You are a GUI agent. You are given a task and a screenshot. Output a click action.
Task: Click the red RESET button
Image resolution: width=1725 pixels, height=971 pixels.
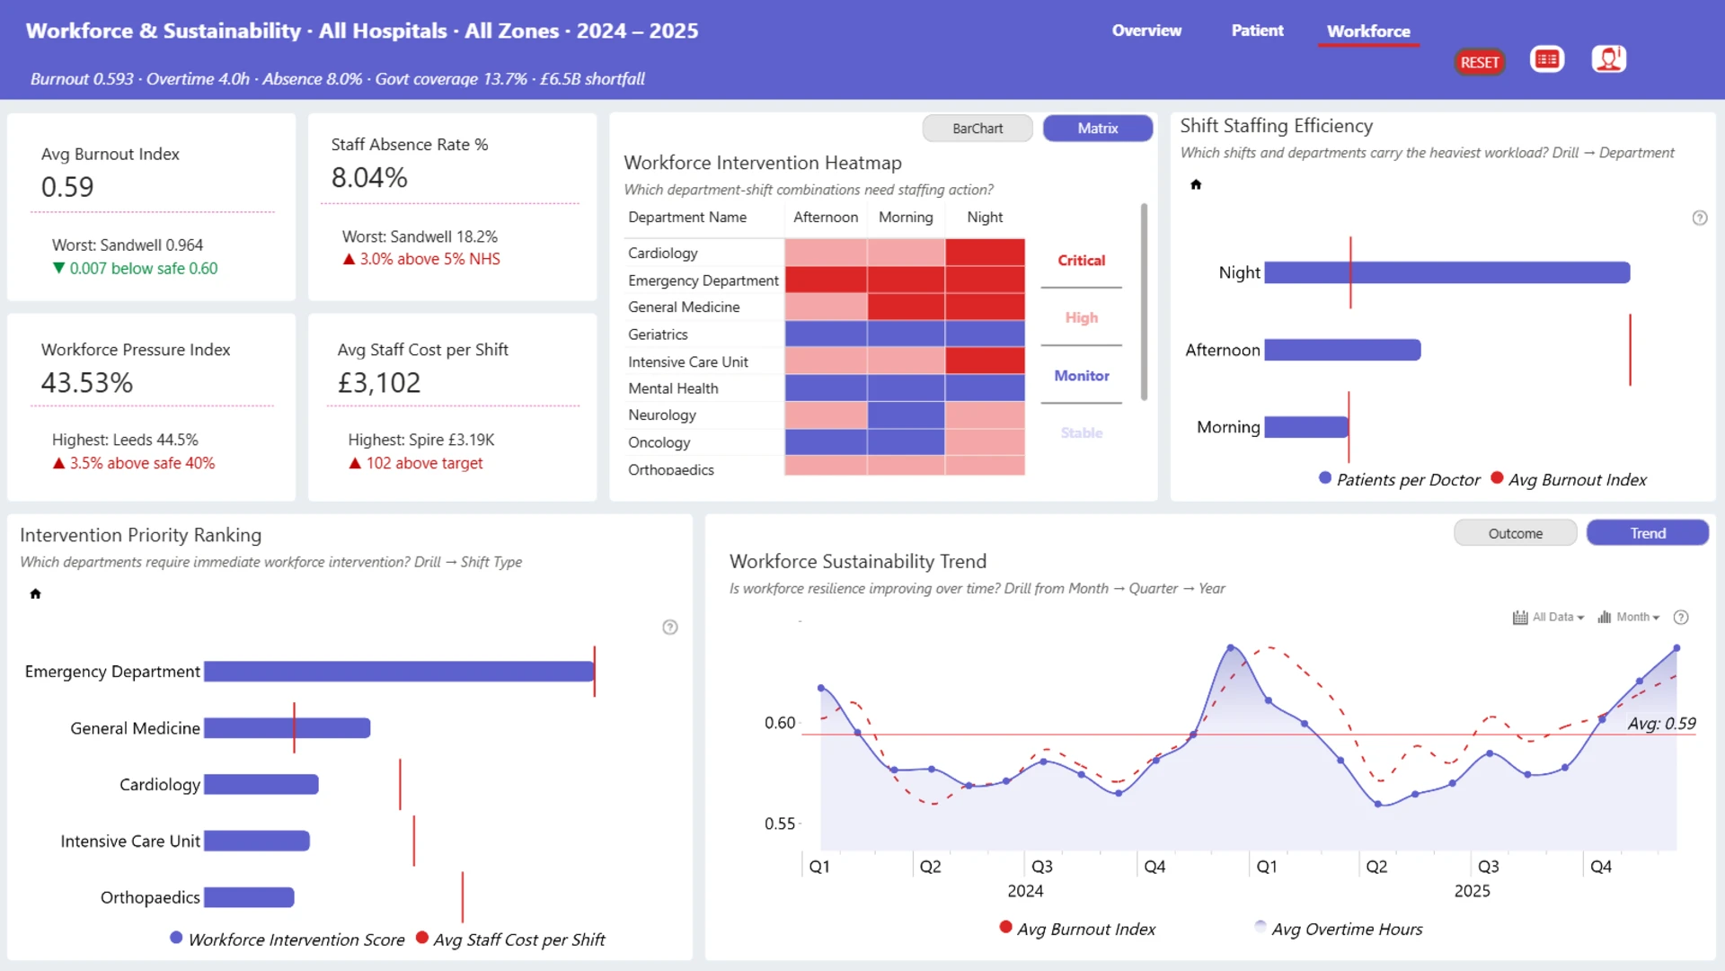1479,62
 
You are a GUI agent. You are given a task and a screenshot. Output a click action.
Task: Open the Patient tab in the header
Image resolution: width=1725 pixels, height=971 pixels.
1257,31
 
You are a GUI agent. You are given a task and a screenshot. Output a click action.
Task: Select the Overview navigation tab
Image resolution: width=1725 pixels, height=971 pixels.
1146,31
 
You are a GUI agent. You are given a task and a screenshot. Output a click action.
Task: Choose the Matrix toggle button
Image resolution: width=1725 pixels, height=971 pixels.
1097,129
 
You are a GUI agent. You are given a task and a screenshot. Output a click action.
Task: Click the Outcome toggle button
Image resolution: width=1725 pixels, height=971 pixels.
1515,533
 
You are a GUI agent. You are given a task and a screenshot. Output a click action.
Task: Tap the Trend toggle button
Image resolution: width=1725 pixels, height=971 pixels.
1647,533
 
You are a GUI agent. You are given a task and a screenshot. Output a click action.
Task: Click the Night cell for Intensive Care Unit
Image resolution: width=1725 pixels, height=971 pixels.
985,361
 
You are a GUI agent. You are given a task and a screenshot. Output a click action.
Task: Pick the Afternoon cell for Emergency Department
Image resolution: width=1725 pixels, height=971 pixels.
826,280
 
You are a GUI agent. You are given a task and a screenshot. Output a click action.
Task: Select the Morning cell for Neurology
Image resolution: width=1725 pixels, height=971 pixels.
906,415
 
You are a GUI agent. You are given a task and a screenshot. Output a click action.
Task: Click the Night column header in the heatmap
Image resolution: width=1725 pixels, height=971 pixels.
985,218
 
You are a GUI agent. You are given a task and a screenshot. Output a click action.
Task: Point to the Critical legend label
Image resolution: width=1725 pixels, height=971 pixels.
1081,261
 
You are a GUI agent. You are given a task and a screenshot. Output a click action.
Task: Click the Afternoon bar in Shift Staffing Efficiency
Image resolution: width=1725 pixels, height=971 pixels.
1342,350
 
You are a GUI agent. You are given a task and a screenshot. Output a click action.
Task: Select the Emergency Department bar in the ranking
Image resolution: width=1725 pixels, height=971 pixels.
399,672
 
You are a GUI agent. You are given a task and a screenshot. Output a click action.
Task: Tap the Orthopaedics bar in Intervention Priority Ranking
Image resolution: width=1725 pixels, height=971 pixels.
249,897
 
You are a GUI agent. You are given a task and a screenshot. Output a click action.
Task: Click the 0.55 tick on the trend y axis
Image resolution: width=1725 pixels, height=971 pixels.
780,824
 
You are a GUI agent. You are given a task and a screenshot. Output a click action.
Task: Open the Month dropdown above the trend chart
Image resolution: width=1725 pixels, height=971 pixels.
1628,618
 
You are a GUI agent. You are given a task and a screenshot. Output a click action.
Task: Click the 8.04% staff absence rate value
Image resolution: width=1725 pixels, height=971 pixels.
369,178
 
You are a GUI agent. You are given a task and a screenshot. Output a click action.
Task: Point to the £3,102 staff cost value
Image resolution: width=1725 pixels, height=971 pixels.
378,383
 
